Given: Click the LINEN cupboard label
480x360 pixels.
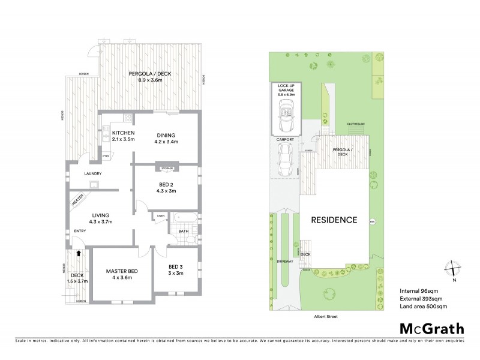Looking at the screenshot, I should coord(161,215).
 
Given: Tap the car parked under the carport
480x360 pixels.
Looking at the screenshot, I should coord(286,158).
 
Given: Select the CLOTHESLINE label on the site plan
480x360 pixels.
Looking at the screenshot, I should coord(356,124).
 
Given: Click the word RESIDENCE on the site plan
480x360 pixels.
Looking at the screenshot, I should coord(334,220).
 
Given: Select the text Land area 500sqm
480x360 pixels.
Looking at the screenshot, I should coord(423,307).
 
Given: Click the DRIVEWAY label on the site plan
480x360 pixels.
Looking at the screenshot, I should coord(286,262).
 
